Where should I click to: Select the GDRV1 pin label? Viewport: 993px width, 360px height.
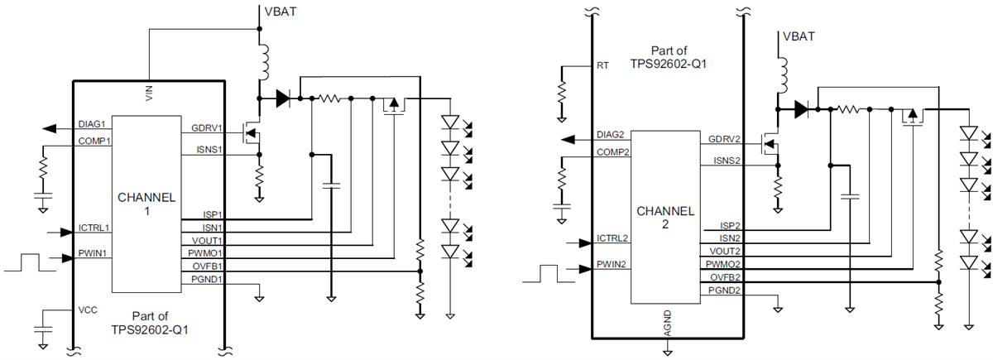coord(205,129)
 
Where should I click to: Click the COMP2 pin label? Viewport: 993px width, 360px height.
coord(612,151)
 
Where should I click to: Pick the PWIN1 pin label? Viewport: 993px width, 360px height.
coord(94,254)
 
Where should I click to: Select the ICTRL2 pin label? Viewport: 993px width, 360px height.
coord(612,239)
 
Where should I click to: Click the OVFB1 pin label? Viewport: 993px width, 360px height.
coord(206,266)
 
